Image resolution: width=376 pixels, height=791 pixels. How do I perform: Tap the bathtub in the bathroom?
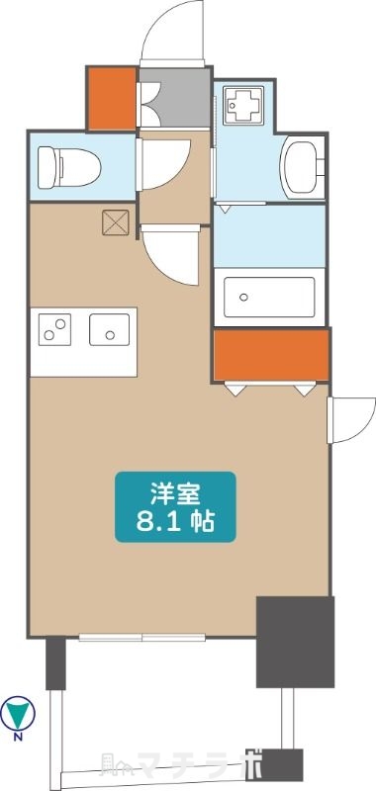point(269,295)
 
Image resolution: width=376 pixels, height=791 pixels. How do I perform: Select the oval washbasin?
point(301,164)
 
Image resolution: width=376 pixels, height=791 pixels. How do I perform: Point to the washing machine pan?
point(242,103)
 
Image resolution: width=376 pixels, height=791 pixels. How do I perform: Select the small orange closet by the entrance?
point(111,98)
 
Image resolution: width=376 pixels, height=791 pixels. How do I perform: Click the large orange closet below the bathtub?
point(270,355)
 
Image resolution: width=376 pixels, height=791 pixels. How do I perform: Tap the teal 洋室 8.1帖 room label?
point(176,505)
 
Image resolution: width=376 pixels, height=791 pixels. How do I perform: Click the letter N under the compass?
point(19,737)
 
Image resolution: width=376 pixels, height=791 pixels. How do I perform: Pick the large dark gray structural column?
point(293,640)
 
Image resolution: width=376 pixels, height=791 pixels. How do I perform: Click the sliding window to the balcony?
point(141,637)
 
